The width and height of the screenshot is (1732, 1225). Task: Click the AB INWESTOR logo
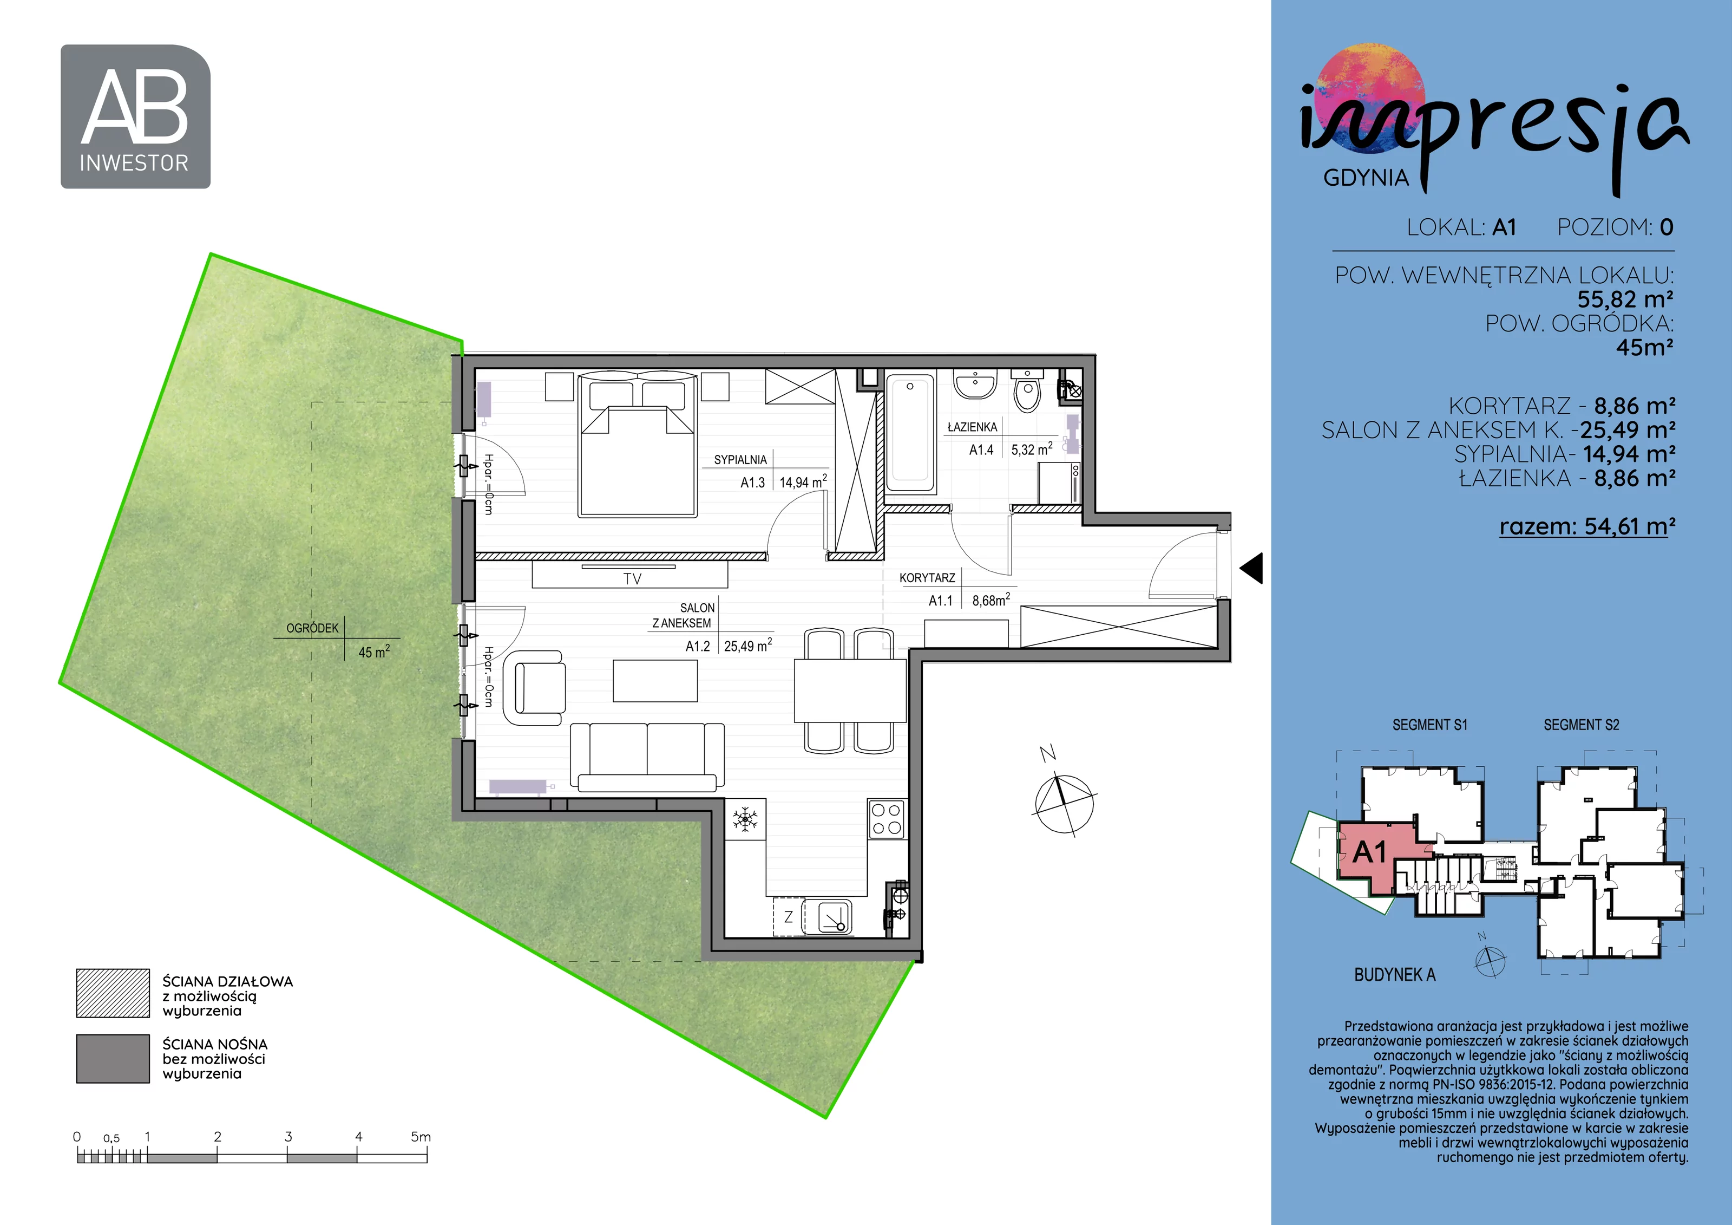(x=136, y=116)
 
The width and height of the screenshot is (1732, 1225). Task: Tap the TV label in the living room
(x=632, y=579)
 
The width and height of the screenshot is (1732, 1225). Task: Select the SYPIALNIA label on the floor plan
(x=740, y=460)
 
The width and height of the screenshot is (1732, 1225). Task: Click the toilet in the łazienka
(x=1027, y=389)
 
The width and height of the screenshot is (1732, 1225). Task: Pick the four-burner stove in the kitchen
(x=887, y=819)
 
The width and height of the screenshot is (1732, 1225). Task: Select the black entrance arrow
(x=1251, y=568)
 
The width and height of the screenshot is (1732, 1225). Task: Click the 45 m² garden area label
(x=374, y=651)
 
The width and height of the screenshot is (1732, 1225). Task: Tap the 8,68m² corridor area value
(x=991, y=600)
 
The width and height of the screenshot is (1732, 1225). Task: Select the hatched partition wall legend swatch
(x=113, y=993)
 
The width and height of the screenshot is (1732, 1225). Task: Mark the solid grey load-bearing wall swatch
(x=113, y=1058)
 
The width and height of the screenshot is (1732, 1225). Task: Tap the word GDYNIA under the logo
(x=1366, y=178)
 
